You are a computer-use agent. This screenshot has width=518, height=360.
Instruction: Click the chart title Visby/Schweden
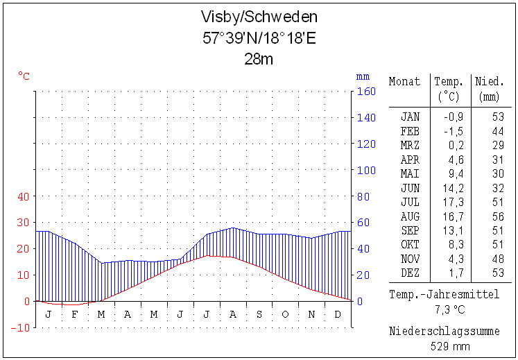coord(259,17)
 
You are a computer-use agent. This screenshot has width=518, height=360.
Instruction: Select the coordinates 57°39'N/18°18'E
coord(259,38)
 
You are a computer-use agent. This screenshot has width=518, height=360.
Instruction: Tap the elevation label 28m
coord(259,59)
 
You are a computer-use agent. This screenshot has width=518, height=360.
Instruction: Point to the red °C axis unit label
coord(24,76)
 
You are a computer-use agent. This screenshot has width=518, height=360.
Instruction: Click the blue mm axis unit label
coord(363,76)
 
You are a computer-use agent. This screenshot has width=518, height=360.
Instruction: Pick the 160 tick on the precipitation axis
coord(366,92)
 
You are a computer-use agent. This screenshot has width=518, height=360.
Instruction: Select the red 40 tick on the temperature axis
coord(23,196)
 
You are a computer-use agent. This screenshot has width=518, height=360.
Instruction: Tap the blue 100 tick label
coord(366,170)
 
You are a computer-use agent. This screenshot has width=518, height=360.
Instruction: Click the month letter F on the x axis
coord(75,314)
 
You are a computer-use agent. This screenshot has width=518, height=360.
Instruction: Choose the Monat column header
coord(405,82)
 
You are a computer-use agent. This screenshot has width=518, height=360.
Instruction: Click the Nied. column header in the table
coord(490,82)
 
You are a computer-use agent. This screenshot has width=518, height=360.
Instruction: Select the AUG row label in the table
coord(410,216)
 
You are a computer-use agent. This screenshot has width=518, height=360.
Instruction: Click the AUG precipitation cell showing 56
coord(497,216)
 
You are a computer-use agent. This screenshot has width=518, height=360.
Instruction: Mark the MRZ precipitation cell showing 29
coord(497,145)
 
